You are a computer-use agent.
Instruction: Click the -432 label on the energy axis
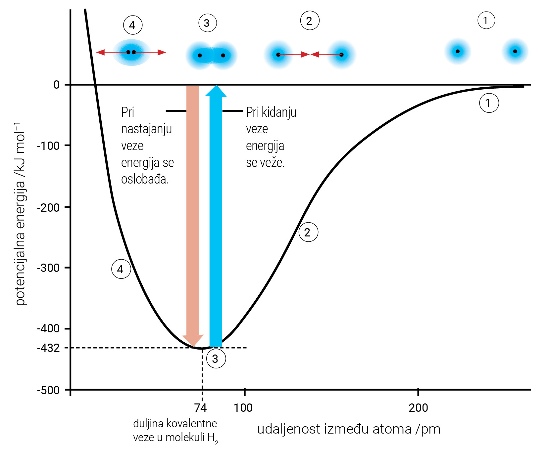[x=48, y=348]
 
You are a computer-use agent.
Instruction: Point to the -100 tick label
[x=48, y=146]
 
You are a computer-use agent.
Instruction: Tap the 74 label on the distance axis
[x=201, y=408]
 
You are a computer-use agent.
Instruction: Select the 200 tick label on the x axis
[x=418, y=408]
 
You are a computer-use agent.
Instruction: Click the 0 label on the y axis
[x=57, y=85]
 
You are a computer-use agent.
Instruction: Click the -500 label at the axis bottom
[x=48, y=390]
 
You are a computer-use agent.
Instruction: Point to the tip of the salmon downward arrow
[x=193, y=346]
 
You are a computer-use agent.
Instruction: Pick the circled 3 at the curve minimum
[x=216, y=359]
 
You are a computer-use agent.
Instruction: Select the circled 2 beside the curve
[x=308, y=232]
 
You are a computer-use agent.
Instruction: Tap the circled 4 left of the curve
[x=121, y=269]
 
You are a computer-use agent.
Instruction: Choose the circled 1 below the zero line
[x=489, y=103]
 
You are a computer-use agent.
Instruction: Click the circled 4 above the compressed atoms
[x=133, y=25]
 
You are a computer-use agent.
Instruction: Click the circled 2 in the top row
[x=310, y=21]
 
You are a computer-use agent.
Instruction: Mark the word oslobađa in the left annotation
[x=145, y=179]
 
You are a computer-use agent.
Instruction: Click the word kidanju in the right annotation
[x=279, y=112]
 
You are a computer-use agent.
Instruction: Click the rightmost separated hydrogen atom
[x=515, y=51]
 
